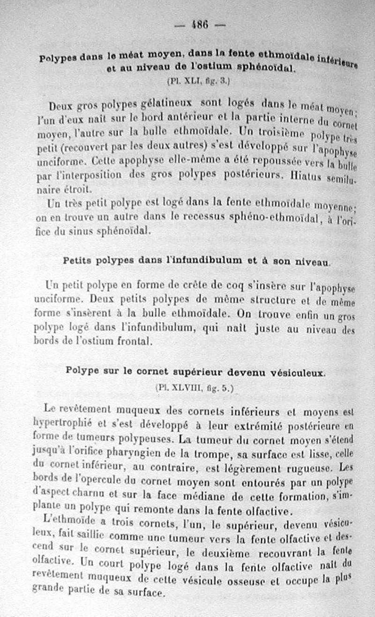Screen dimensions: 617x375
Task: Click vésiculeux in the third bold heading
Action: click(294, 373)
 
